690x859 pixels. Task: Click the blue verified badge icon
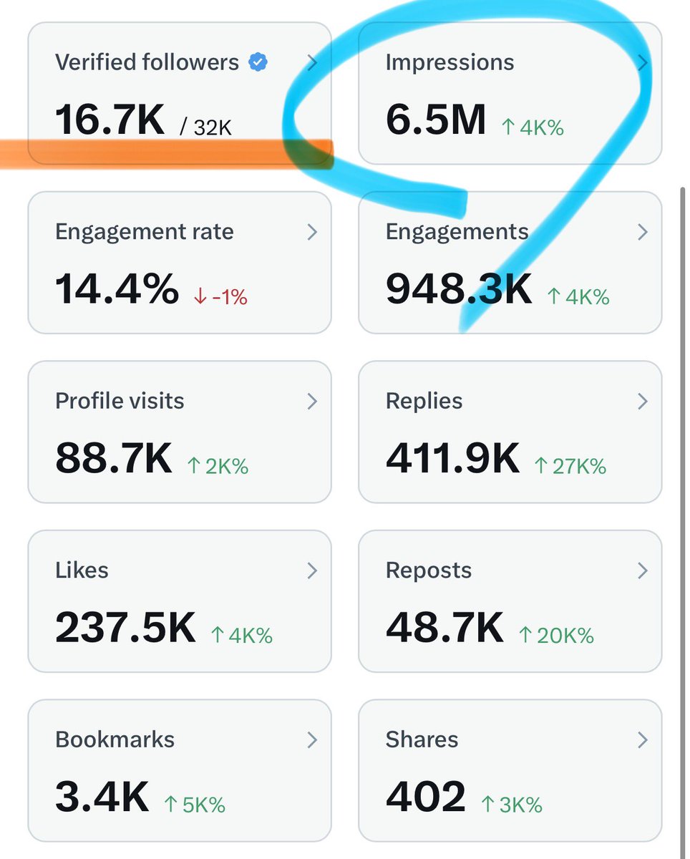tap(258, 63)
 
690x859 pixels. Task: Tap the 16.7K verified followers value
tap(110, 120)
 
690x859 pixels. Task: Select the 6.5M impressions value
tap(435, 120)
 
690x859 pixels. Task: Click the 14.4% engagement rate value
tap(117, 289)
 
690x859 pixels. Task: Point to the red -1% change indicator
tap(221, 296)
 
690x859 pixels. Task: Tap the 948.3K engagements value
tap(459, 289)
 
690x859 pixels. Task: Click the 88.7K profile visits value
tap(114, 459)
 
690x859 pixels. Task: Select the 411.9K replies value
tap(452, 459)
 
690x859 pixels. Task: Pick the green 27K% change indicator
tap(570, 466)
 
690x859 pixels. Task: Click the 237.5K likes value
tap(125, 628)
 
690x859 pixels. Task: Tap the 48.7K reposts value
tap(444, 628)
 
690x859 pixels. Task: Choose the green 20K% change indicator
tap(556, 635)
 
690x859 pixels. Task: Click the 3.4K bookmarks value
tap(102, 797)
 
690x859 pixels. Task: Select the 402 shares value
tap(425, 797)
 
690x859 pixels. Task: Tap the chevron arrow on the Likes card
tap(312, 571)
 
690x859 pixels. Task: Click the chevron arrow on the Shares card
tap(642, 739)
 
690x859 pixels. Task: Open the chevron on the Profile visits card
tap(312, 402)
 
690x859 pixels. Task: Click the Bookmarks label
tap(115, 739)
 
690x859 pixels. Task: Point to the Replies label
tap(424, 401)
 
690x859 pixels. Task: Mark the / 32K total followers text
tap(206, 127)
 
